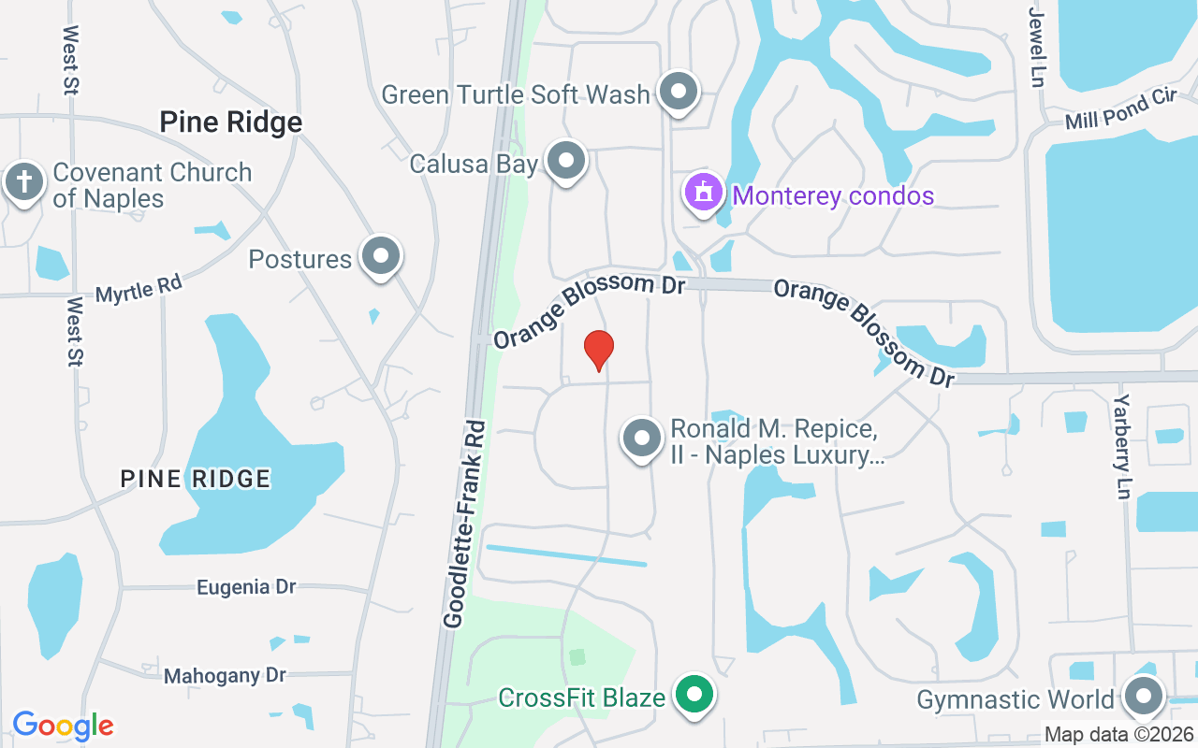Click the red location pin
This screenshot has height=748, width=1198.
click(599, 350)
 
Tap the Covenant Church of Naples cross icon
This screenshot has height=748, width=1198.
click(24, 182)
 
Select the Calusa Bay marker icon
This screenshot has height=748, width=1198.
click(565, 161)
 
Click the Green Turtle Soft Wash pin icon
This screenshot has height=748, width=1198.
click(679, 92)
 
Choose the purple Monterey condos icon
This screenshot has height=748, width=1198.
click(704, 193)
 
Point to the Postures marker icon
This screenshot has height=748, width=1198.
click(381, 256)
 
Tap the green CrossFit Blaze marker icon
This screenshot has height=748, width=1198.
click(694, 696)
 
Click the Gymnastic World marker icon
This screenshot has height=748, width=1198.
click(1142, 697)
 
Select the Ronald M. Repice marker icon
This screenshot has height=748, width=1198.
click(643, 439)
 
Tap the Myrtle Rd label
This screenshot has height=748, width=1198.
click(139, 289)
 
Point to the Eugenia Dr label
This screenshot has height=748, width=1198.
click(246, 587)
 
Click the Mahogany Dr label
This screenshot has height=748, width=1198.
click(225, 675)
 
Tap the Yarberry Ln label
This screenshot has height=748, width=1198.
click(1123, 446)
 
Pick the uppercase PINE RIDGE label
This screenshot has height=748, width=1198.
click(196, 479)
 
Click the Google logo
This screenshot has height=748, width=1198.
click(63, 726)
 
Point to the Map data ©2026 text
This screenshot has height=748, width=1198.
click(1118, 734)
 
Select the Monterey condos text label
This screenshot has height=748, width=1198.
click(833, 195)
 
